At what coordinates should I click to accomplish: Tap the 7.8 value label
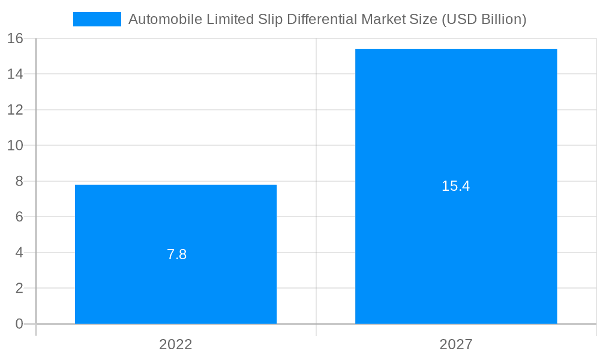176,254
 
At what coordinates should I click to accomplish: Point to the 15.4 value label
455,186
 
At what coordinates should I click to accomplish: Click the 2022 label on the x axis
176,344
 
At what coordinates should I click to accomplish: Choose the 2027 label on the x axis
456,344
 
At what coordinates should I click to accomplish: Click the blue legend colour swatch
97,19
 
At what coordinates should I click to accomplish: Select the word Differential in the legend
322,19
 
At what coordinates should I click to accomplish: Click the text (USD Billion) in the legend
484,19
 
